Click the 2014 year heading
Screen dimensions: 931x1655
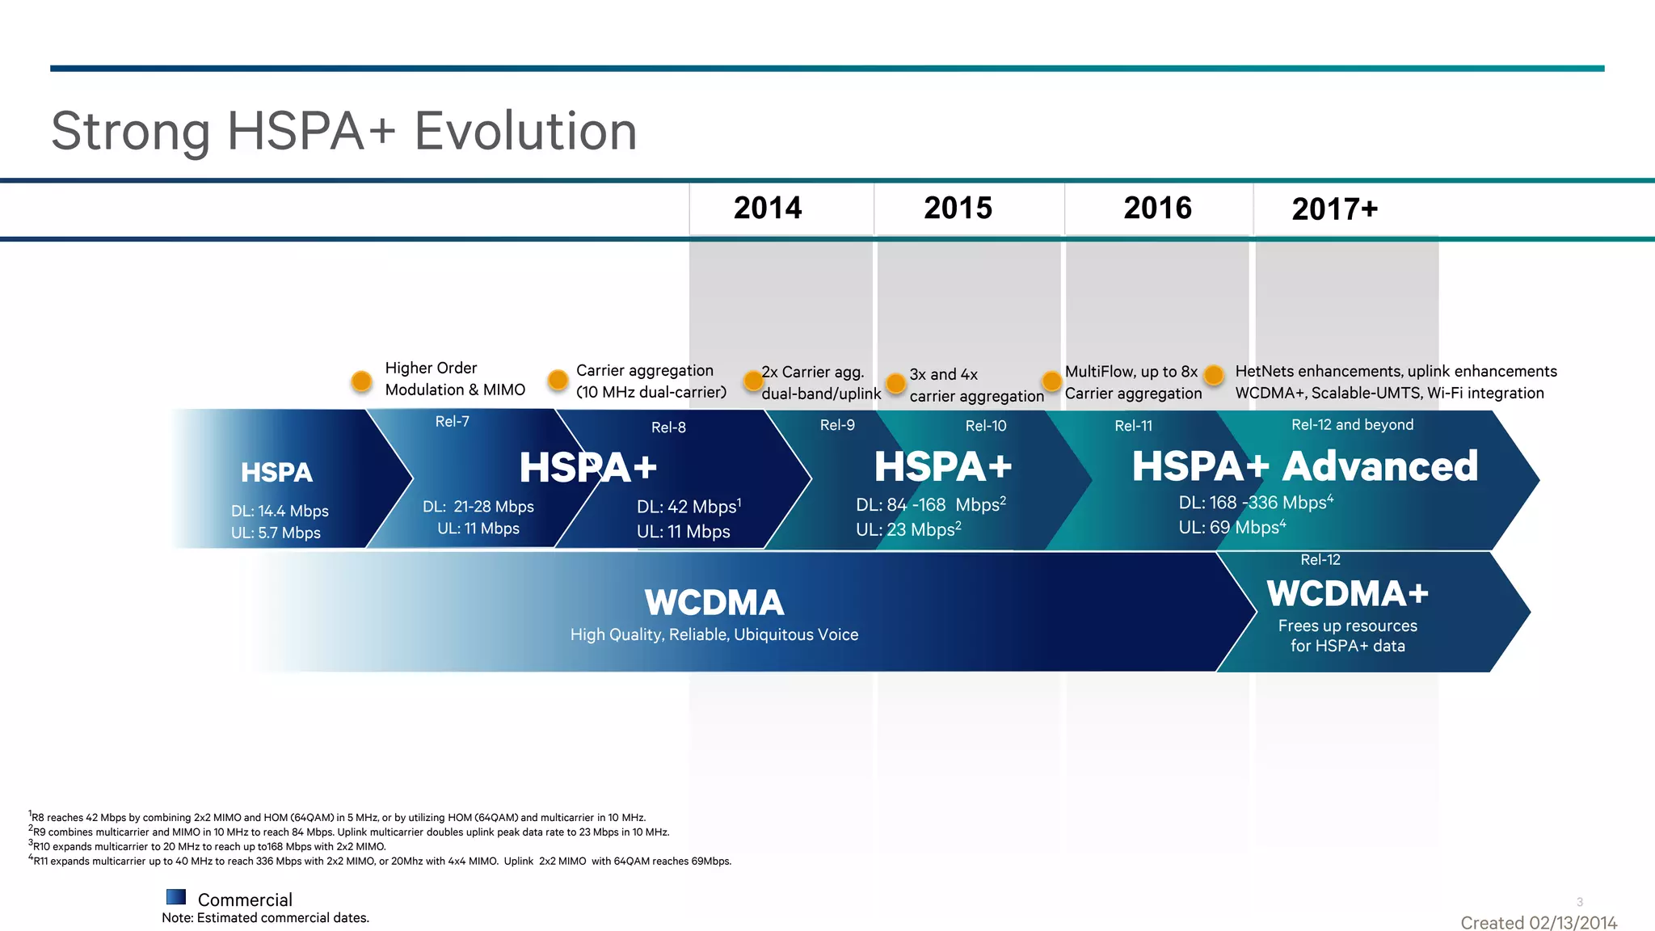click(x=768, y=209)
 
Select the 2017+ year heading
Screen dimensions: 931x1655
click(x=1334, y=209)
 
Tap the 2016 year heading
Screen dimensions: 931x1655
click(x=1157, y=209)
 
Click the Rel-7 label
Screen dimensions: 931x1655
click(x=452, y=422)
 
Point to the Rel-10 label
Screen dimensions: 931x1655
click(x=986, y=426)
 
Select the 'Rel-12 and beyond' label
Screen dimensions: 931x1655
click(x=1352, y=425)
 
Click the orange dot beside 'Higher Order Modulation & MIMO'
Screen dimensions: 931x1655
click(x=362, y=381)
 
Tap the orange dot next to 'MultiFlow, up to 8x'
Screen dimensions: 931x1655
click(x=1051, y=381)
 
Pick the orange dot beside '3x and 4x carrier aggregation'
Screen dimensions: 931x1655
click(x=895, y=383)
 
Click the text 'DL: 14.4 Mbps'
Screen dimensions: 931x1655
click(x=280, y=512)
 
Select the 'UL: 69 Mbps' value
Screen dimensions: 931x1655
click(x=1232, y=528)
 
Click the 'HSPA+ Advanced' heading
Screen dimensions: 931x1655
click(x=1304, y=467)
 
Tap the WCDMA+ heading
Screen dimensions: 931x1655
click(x=1347, y=594)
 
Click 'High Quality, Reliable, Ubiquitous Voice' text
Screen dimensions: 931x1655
click(x=714, y=635)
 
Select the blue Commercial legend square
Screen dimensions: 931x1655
click(x=176, y=897)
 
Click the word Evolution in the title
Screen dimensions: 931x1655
click(x=525, y=131)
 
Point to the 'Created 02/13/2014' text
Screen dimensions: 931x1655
click(x=1538, y=923)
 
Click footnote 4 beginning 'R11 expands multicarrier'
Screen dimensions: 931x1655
click(x=380, y=861)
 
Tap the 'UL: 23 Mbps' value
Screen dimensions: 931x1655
click(x=908, y=530)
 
